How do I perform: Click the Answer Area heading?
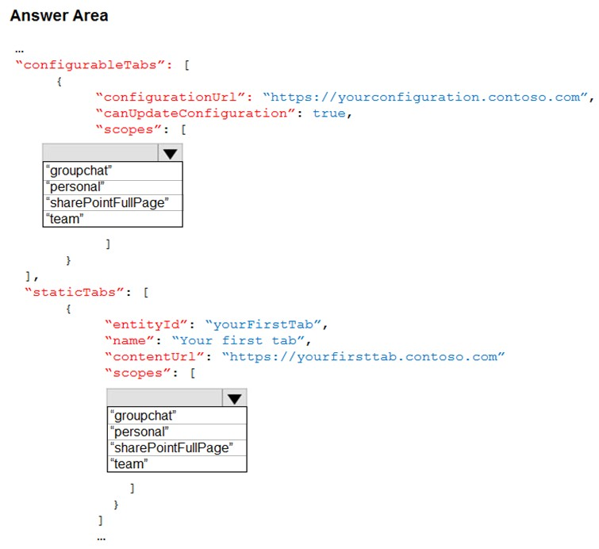click(x=60, y=16)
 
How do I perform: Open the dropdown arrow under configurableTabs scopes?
click(x=170, y=153)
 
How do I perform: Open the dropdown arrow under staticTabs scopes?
click(x=234, y=398)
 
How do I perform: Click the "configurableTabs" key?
click(x=94, y=65)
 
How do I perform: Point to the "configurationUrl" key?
click(x=174, y=98)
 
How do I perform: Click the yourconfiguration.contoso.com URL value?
click(x=425, y=98)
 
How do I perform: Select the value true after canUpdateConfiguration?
click(x=329, y=113)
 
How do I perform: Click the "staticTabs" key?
click(x=74, y=293)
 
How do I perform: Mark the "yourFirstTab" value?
click(x=263, y=324)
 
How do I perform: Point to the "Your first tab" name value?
click(x=238, y=340)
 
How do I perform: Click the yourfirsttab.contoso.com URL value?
click(x=363, y=357)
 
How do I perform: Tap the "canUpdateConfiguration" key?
click(x=195, y=113)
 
